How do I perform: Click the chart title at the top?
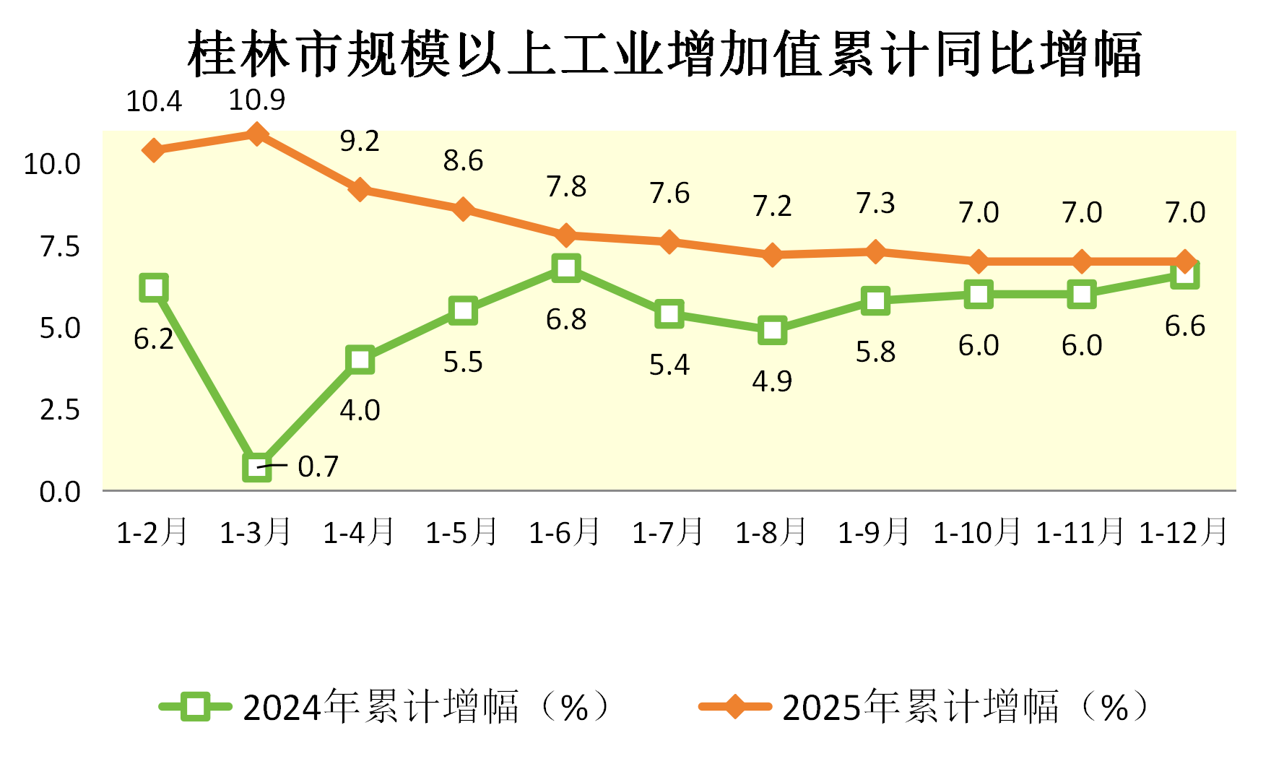[x=664, y=55]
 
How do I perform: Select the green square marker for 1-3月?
[x=257, y=467]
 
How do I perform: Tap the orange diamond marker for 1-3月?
[x=256, y=134]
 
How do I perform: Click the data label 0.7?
[x=318, y=467]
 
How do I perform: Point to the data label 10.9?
[x=256, y=100]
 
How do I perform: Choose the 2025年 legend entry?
[x=924, y=706]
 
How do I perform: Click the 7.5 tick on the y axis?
[x=60, y=246]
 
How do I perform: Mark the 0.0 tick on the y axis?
[x=60, y=492]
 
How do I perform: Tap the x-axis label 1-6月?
[x=565, y=533]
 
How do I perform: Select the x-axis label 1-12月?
[x=1184, y=533]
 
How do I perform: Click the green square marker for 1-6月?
[x=566, y=268]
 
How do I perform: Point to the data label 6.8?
[x=566, y=319]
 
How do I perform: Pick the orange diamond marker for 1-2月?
[x=154, y=150]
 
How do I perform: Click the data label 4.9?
[x=772, y=381]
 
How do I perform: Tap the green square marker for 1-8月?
[x=772, y=330]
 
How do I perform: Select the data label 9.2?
[x=360, y=142]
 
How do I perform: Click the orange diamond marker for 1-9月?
[x=875, y=252]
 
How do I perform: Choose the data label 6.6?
[x=1185, y=326]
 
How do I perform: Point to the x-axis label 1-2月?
[x=152, y=533]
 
